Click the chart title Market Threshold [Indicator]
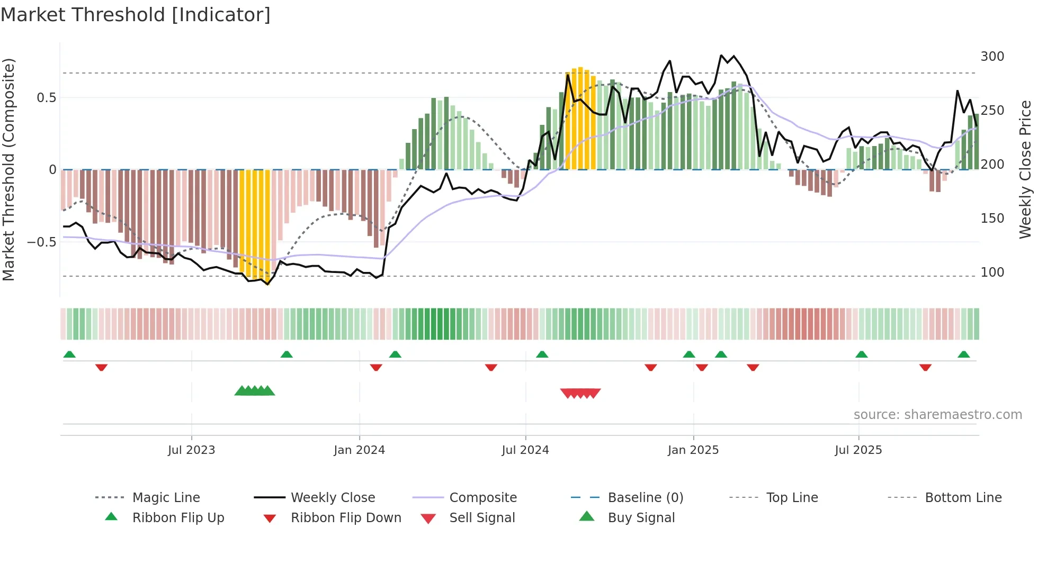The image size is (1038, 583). click(x=136, y=15)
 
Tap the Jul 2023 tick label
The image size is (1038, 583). click(x=191, y=450)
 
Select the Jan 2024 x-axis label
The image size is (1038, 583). click(x=359, y=450)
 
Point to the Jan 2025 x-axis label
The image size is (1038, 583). click(x=693, y=450)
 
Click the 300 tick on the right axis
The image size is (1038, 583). click(x=992, y=57)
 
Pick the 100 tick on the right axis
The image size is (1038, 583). click(x=992, y=272)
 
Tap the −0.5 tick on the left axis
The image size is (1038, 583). click(x=41, y=242)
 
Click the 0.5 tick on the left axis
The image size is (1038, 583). click(x=46, y=98)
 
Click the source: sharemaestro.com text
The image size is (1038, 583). click(x=937, y=415)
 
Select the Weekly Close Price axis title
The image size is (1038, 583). click(x=1025, y=169)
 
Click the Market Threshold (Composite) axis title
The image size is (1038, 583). click(x=8, y=169)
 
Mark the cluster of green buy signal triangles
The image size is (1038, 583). click(x=255, y=391)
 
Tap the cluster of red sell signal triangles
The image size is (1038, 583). click(x=580, y=393)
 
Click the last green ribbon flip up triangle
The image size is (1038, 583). click(x=963, y=354)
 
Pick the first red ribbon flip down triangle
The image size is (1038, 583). click(x=101, y=367)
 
